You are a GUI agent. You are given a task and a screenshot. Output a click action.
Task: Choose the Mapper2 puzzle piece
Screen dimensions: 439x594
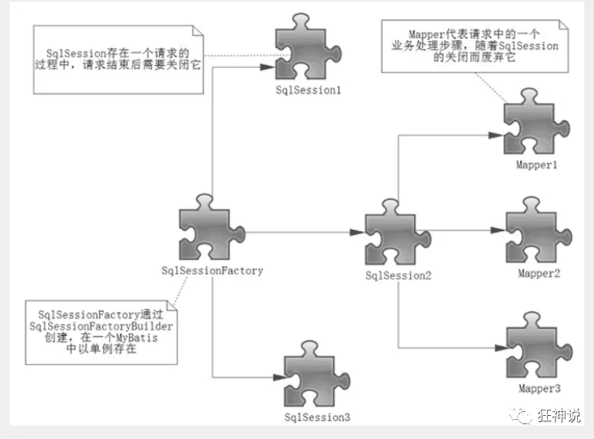(x=537, y=232)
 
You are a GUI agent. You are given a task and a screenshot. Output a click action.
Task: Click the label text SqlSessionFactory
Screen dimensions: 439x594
(x=213, y=271)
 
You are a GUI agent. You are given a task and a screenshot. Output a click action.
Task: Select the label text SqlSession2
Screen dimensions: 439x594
(x=398, y=275)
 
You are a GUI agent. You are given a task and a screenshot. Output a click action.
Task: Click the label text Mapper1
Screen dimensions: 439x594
(x=537, y=165)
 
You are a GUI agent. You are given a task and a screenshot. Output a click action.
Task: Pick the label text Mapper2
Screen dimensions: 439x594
(x=537, y=274)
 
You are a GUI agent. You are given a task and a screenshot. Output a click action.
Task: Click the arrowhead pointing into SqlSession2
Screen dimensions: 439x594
(x=358, y=232)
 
